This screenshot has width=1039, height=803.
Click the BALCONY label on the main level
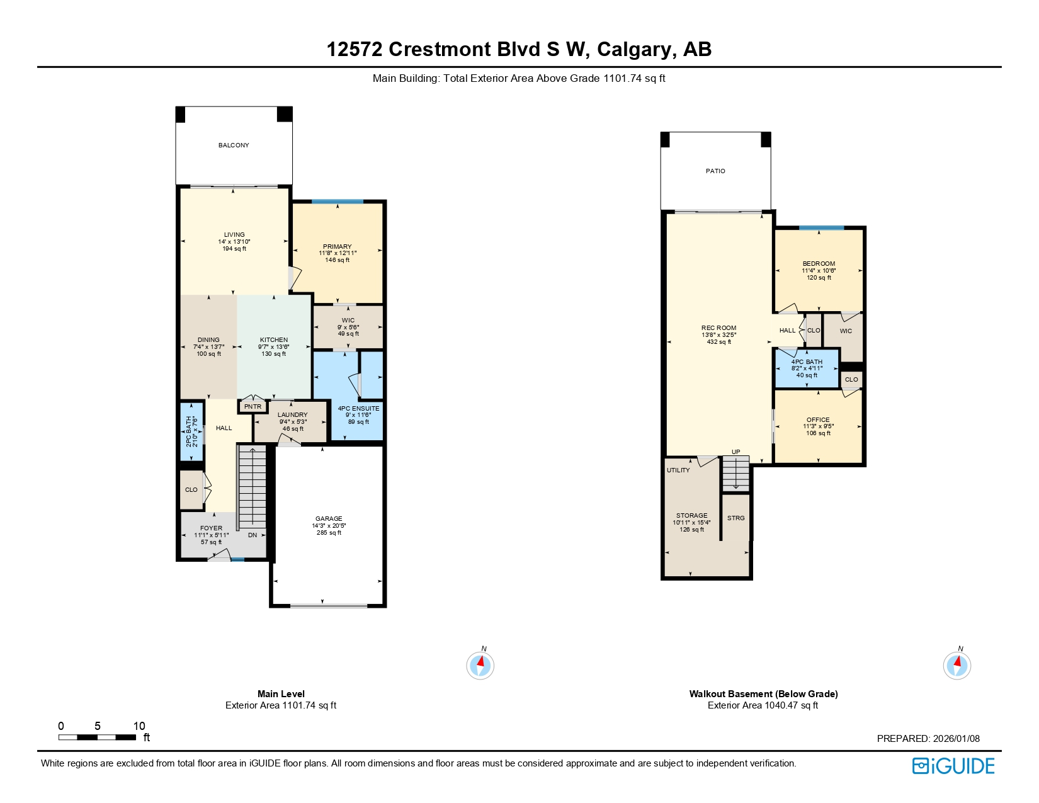[234, 145]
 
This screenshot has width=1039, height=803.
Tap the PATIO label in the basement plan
[715, 171]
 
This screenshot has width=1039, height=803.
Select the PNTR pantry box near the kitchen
[253, 407]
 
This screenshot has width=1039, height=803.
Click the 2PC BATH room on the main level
[191, 431]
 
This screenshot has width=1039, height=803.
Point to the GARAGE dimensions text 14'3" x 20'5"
[329, 526]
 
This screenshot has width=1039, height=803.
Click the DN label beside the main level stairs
[253, 535]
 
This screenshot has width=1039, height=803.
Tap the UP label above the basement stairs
[735, 452]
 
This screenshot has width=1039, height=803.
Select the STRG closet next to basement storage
[735, 518]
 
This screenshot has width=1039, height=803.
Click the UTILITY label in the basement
[678, 470]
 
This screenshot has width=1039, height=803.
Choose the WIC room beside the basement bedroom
[846, 331]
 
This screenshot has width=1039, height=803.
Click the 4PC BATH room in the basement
[807, 368]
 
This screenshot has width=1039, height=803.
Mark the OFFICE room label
[818, 420]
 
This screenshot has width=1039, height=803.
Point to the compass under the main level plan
[480, 665]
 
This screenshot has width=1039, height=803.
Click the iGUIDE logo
[953, 766]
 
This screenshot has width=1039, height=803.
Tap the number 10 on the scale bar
[139, 726]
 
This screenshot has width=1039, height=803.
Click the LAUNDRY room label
[292, 415]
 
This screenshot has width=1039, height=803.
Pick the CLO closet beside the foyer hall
[191, 490]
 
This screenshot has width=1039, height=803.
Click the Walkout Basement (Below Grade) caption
[763, 694]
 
